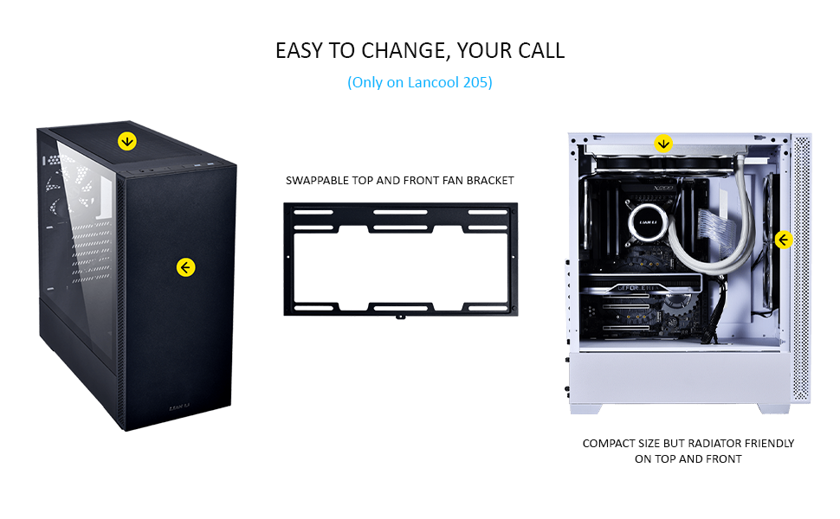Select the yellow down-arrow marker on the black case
[127, 140]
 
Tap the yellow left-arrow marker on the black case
[185, 267]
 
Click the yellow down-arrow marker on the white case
[663, 144]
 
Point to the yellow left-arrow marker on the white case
[783, 240]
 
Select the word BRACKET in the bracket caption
[490, 181]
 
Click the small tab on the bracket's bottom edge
[400, 316]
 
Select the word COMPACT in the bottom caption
[608, 444]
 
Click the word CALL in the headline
[542, 51]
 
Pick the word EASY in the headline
[299, 51]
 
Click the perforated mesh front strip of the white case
[801, 259]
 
